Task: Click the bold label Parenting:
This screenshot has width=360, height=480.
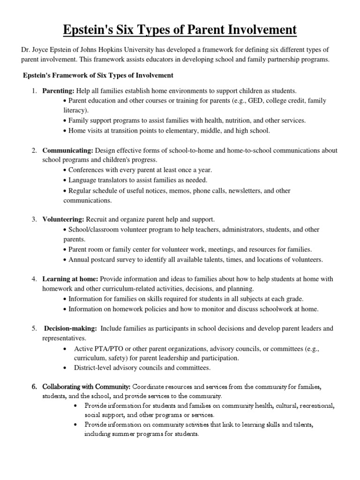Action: tap(58, 90)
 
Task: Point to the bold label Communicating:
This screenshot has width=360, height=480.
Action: tap(67, 150)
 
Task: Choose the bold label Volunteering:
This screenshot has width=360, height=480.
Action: tap(63, 219)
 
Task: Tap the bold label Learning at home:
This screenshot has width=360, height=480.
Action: tap(70, 279)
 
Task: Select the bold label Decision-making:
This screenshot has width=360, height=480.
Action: tap(71, 329)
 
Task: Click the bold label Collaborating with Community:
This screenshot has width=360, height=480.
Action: tap(86, 387)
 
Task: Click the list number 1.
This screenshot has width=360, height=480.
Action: tap(34, 90)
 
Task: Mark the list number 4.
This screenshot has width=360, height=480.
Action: tap(34, 279)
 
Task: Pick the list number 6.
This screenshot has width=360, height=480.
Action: tap(34, 387)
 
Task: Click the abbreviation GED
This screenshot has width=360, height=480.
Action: tap(251, 101)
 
